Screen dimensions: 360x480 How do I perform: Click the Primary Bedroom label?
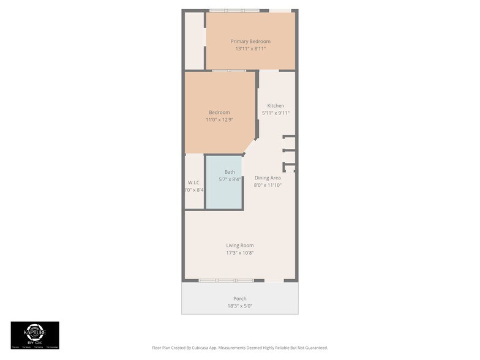250,41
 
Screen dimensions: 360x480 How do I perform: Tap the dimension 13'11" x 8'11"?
250,48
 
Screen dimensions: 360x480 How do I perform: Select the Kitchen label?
276,106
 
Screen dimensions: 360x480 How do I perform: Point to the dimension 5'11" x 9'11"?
276,113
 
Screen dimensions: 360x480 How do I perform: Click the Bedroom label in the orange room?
219,112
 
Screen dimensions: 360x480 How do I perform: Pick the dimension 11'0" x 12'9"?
219,120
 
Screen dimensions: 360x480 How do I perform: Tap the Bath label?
230,172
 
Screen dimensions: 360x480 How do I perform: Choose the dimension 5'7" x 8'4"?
230,179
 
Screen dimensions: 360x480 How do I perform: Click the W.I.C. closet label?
194,182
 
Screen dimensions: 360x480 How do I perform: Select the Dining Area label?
268,178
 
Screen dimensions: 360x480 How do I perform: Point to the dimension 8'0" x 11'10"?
268,185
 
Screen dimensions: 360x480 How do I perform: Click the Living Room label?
240,245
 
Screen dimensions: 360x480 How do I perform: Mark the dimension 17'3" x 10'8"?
240,253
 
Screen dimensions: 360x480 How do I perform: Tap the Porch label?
240,298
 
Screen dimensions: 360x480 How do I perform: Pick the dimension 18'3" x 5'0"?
240,306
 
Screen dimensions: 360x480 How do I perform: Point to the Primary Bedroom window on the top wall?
234,10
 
